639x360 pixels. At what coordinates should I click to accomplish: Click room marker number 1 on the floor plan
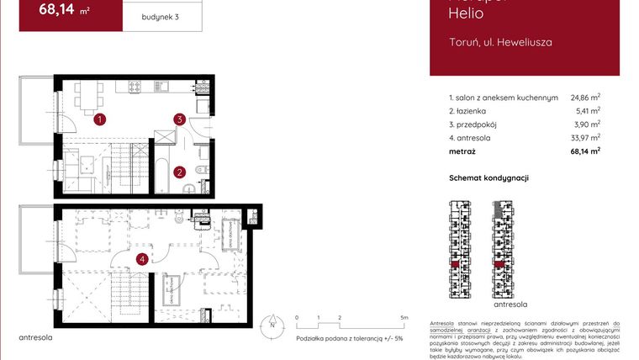(99, 119)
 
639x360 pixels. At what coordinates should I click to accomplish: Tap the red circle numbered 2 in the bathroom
(180, 172)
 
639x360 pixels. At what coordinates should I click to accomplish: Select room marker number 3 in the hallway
(179, 119)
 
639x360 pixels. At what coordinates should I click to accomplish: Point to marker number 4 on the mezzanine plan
(143, 259)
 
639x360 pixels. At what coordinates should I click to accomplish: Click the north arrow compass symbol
(272, 325)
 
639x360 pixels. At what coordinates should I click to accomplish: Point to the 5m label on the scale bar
(404, 318)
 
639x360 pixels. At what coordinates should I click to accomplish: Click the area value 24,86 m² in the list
(585, 98)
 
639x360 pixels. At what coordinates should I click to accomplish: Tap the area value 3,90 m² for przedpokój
(588, 124)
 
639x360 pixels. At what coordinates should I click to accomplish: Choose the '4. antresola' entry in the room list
(472, 138)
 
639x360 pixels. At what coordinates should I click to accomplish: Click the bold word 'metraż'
(462, 151)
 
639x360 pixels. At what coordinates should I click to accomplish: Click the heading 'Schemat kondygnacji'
(489, 178)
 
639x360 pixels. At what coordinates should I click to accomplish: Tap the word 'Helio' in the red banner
(466, 13)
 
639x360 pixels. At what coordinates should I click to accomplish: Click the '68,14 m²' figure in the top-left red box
(66, 11)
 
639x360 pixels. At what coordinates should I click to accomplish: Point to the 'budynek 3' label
(161, 16)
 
